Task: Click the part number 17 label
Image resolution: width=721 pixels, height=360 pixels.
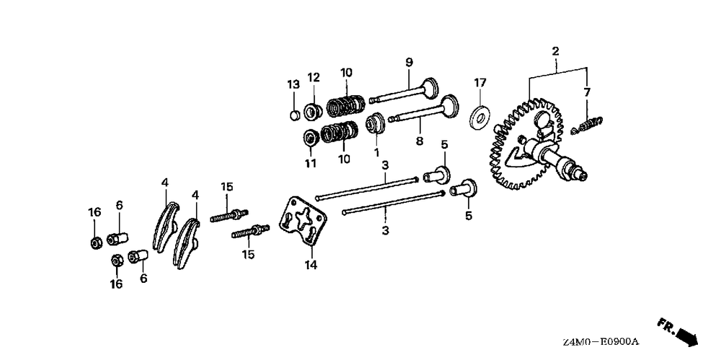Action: point(479,83)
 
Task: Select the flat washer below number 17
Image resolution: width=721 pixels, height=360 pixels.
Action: point(480,117)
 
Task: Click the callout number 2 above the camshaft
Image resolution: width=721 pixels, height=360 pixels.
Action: point(555,51)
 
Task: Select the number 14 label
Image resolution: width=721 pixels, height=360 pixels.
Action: point(311,265)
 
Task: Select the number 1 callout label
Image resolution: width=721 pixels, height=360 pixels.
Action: point(376,152)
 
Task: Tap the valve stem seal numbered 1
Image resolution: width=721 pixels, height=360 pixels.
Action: point(375,123)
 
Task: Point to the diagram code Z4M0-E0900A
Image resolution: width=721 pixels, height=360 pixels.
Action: point(601,343)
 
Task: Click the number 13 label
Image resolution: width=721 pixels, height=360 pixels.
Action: point(293,84)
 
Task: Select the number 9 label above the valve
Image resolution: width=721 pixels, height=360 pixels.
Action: point(409,62)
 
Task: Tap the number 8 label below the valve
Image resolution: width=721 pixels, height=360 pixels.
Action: point(419,141)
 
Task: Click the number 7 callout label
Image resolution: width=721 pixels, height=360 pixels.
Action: point(587,92)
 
